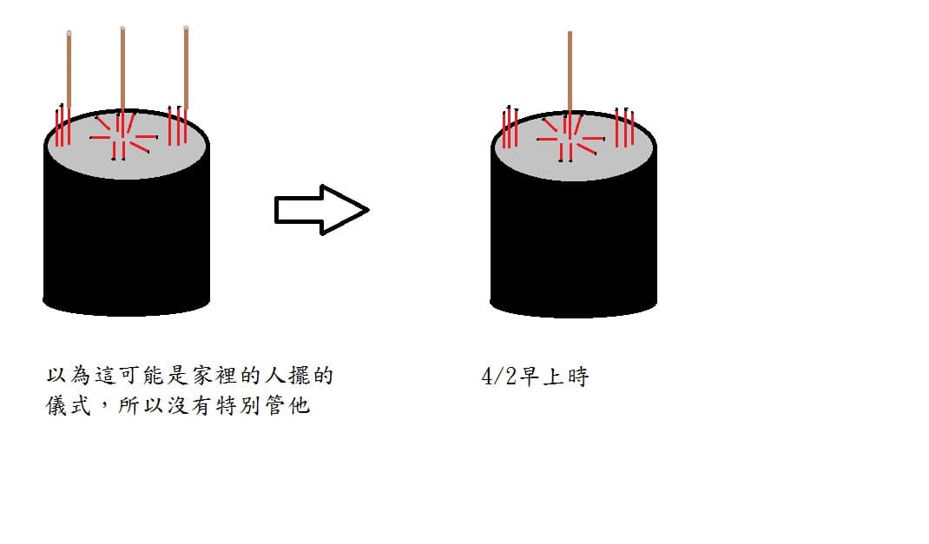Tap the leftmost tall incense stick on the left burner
(x=69, y=70)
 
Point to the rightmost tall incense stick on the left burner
(x=186, y=68)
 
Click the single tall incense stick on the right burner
(x=570, y=72)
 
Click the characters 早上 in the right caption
(x=541, y=377)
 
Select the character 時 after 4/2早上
(x=577, y=377)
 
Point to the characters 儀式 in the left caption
(x=68, y=405)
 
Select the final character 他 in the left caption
(x=300, y=405)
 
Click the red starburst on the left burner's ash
(x=123, y=137)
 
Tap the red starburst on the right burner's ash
(x=570, y=139)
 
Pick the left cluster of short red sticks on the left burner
(x=63, y=126)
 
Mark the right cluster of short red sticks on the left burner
(x=177, y=126)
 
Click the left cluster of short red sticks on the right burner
(x=511, y=128)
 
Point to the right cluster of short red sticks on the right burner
(x=624, y=128)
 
